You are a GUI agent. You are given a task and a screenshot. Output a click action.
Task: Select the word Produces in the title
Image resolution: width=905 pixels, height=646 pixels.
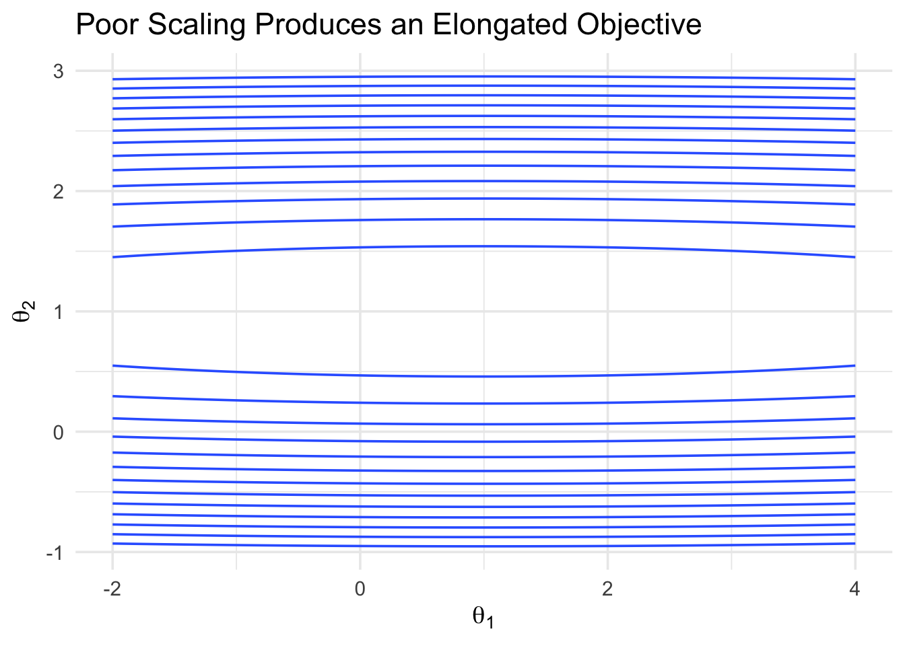point(319,25)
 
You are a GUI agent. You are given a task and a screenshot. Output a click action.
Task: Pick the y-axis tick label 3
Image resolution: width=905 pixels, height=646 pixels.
point(58,71)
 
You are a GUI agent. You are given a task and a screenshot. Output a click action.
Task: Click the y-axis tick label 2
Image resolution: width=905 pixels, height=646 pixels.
point(58,192)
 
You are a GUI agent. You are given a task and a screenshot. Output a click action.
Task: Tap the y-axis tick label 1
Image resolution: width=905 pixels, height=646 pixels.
point(59,312)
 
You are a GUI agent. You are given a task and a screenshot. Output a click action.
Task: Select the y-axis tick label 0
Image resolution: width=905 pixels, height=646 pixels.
point(58,433)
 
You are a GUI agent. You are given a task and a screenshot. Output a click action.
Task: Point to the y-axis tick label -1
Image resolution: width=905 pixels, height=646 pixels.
point(55,552)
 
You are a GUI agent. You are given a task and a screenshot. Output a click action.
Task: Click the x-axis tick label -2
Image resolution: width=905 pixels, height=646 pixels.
point(112,589)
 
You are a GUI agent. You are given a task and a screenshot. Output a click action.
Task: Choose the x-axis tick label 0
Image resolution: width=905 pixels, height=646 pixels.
point(360,589)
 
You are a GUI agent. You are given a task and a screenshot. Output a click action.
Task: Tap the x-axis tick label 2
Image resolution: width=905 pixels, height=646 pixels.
point(607,589)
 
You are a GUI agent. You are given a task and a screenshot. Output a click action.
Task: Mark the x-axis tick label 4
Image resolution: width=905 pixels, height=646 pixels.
point(855,589)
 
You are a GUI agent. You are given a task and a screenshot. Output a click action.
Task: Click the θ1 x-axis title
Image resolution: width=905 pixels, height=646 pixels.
point(483,618)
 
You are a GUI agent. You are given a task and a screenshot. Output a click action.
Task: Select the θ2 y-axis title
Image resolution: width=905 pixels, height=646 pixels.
point(24,312)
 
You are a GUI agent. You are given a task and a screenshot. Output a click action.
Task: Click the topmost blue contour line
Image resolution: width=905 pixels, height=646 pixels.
point(483,76)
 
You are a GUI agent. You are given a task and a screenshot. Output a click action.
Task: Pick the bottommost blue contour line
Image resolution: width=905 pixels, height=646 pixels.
point(483,546)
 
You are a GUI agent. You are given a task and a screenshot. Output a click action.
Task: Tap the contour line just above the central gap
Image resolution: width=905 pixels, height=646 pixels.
point(483,246)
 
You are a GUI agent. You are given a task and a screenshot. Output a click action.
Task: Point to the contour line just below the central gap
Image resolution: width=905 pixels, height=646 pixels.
point(483,377)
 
